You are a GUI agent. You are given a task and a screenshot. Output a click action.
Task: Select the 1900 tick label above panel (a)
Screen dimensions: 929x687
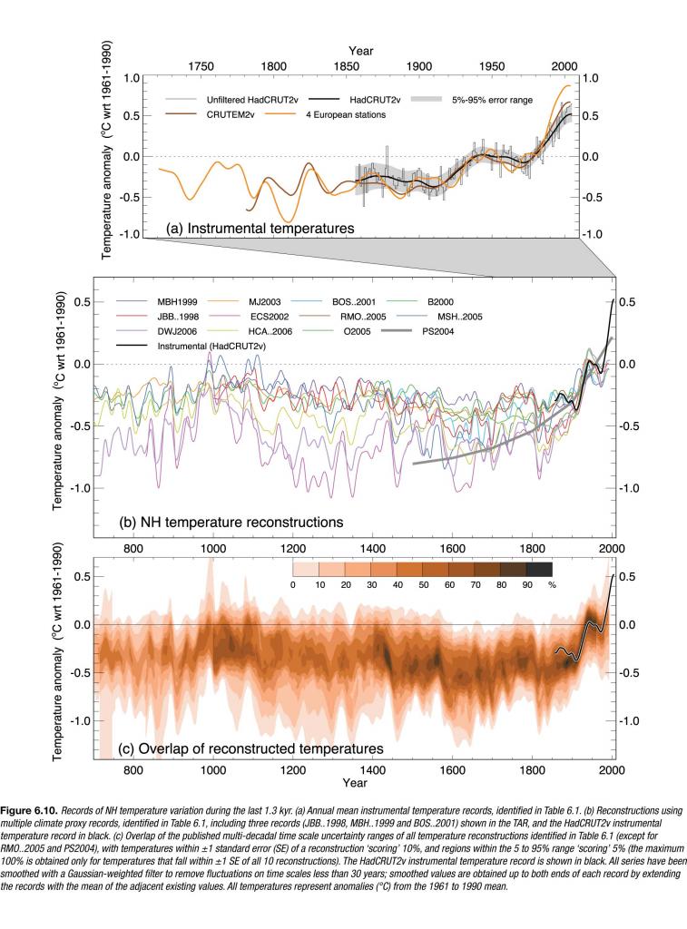click(x=418, y=67)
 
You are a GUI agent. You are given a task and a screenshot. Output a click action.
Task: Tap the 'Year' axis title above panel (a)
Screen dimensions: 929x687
click(x=359, y=51)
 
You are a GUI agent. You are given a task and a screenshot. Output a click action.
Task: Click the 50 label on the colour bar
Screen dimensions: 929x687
click(x=424, y=585)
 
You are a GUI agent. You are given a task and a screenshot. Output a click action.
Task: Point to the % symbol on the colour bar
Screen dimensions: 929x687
click(x=553, y=585)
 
